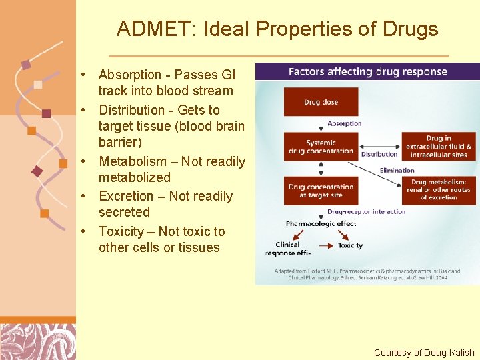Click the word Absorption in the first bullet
(x=130, y=75)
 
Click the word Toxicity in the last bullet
(x=121, y=231)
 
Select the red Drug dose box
(x=321, y=102)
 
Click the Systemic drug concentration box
(x=321, y=147)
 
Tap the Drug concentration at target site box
(x=321, y=191)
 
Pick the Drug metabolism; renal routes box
(x=438, y=190)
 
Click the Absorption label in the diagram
(x=345, y=123)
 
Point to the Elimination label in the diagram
(x=397, y=170)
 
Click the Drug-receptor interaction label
(x=366, y=212)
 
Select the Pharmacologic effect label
(x=321, y=223)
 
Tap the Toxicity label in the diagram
(x=350, y=245)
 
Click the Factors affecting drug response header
(x=367, y=72)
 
